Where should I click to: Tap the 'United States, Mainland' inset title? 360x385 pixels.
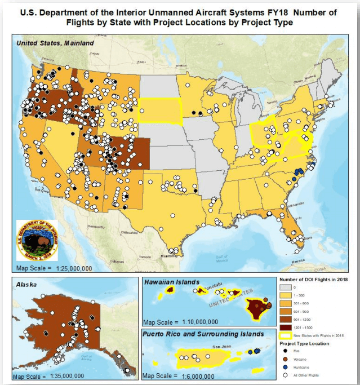[x=55, y=43]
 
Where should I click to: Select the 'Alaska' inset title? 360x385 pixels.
[x=26, y=285]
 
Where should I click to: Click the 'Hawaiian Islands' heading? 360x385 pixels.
[x=172, y=282]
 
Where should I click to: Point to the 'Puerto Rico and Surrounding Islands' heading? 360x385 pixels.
[x=203, y=334]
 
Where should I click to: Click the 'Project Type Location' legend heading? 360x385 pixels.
[x=305, y=343]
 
